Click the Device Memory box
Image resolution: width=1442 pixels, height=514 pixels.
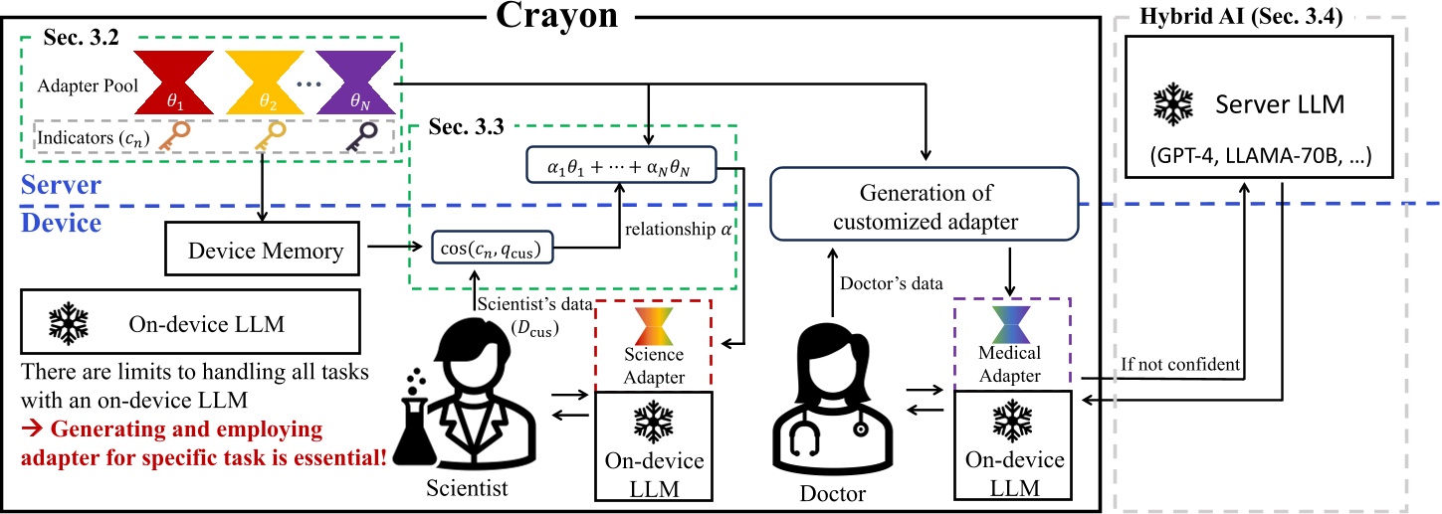click(266, 251)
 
